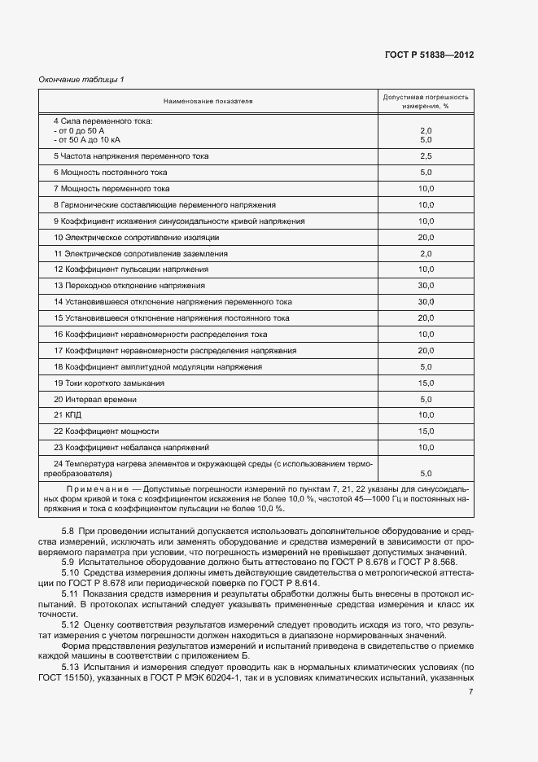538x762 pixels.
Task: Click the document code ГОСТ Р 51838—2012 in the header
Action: coord(429,55)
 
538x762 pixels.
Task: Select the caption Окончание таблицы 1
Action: coord(81,79)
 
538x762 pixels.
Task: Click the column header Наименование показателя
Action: coord(208,101)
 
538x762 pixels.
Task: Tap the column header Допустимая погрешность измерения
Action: coord(426,101)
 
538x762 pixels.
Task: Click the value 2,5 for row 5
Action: coord(425,155)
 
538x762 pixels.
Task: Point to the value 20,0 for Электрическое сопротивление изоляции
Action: coord(426,237)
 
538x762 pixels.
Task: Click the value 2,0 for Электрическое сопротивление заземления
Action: coord(425,253)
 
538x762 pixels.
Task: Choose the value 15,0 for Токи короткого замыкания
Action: coord(426,383)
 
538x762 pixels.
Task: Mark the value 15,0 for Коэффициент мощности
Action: coord(426,431)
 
